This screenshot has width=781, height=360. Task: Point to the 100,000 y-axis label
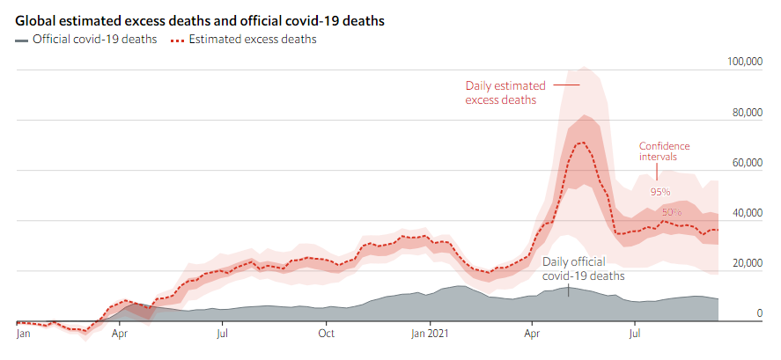click(743, 62)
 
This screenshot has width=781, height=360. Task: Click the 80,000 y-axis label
click(746, 113)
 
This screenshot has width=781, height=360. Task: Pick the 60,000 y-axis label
click(746, 163)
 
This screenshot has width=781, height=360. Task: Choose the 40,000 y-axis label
click(746, 213)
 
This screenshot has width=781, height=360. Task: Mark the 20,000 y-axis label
click(746, 264)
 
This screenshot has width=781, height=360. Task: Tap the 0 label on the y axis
click(759, 313)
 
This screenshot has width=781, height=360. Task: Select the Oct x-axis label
click(327, 334)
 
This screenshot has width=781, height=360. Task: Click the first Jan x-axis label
click(24, 334)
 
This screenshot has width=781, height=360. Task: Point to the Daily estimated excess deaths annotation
click(505, 92)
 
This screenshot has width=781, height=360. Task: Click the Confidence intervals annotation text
click(664, 151)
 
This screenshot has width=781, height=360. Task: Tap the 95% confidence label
click(660, 191)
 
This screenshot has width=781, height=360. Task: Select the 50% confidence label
click(672, 212)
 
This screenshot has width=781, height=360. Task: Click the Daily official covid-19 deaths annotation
click(583, 268)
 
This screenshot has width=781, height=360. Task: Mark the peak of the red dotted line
click(581, 143)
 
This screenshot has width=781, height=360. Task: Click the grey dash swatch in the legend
click(21, 40)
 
